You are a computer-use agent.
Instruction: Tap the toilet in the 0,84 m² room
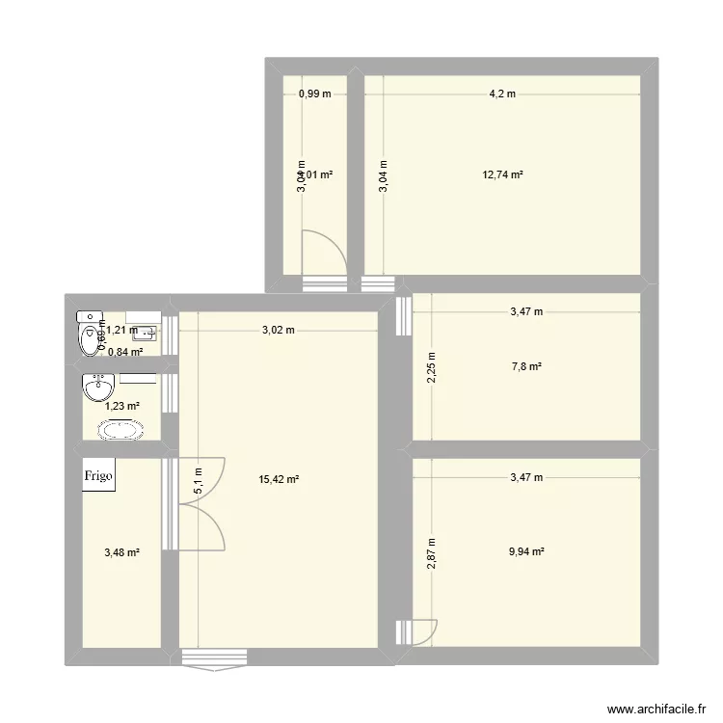pyautogui.click(x=90, y=334)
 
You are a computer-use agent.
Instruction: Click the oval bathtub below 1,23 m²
pyautogui.click(x=122, y=428)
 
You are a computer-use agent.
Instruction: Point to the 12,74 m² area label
pyautogui.click(x=503, y=175)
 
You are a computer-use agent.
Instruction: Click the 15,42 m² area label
pyautogui.click(x=279, y=478)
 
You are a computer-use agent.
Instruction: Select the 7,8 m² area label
pyautogui.click(x=525, y=366)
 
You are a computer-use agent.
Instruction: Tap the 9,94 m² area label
pyautogui.click(x=525, y=552)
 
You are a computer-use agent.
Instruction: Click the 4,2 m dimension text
pyautogui.click(x=502, y=94)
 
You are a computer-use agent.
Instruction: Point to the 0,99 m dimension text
pyautogui.click(x=314, y=94)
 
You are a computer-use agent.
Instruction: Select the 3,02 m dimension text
pyautogui.click(x=279, y=331)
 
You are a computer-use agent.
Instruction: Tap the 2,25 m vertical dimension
pyautogui.click(x=432, y=366)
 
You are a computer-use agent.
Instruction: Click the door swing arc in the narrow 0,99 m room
pyautogui.click(x=323, y=253)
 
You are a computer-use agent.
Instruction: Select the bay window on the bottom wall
pyautogui.click(x=214, y=659)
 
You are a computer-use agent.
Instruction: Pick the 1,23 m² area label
pyautogui.click(x=122, y=407)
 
